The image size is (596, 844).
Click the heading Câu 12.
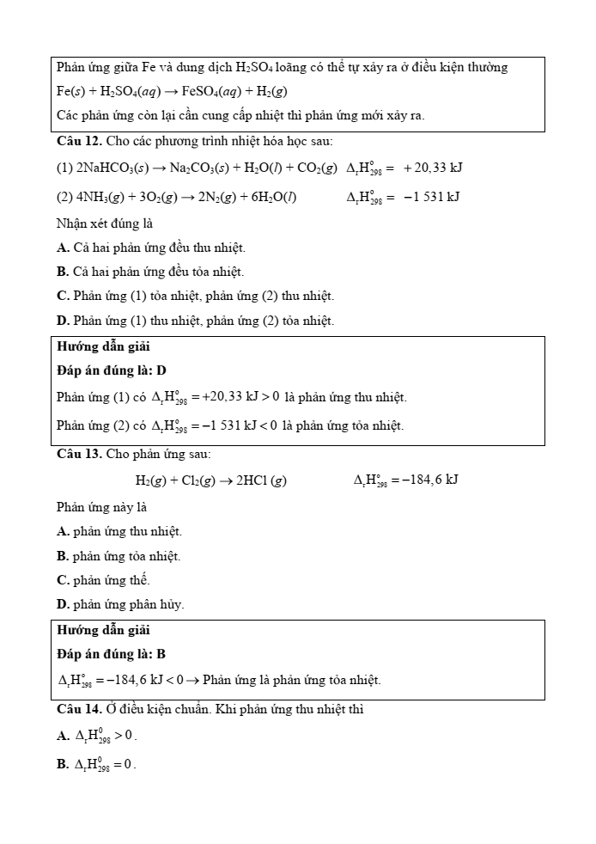pos(79,141)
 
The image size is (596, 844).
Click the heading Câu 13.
pos(79,454)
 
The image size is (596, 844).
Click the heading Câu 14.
pos(79,710)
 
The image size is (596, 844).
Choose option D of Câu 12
pos(195,321)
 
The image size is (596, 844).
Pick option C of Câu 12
pos(195,296)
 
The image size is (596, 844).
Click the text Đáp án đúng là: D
pos(112,370)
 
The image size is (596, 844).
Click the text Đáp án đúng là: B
pos(112,654)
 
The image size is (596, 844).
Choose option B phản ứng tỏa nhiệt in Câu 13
pos(119,556)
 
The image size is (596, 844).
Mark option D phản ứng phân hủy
pos(120,604)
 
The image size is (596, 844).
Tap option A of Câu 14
pos(97,737)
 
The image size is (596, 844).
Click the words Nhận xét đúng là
pos(105,223)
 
